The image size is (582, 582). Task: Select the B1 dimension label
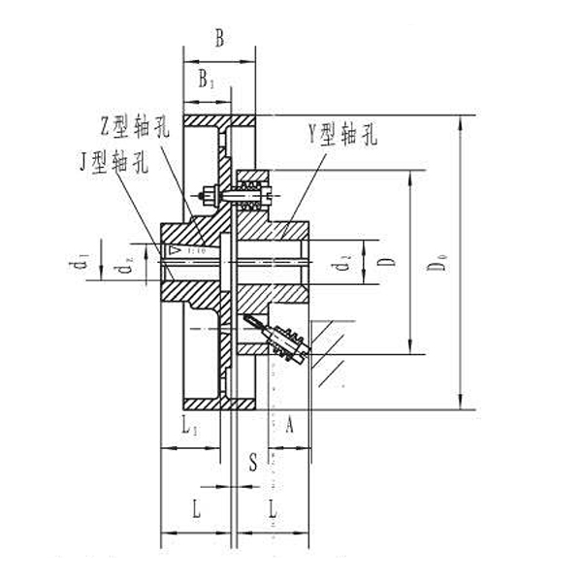point(207,81)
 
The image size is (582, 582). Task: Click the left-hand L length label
point(197,507)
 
